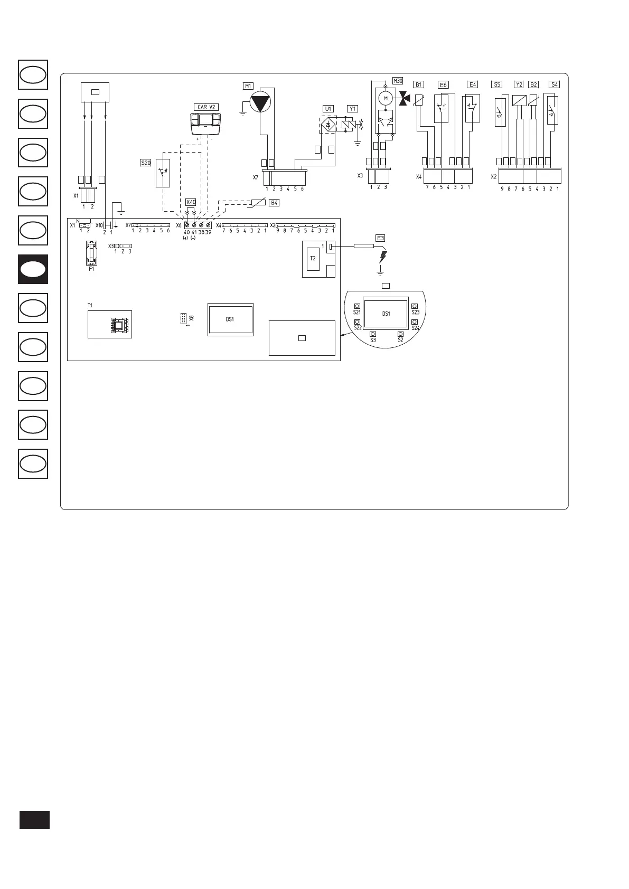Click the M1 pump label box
(248, 86)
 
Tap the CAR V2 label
(206, 107)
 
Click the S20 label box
(145, 163)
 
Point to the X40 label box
(191, 202)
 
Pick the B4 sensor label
(274, 202)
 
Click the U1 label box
(328, 109)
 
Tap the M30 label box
(398, 81)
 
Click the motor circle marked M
(386, 98)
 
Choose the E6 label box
(443, 84)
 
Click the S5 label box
(496, 84)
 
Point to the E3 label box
(380, 237)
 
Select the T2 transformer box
(313, 259)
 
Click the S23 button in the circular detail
(415, 306)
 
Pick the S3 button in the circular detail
(373, 334)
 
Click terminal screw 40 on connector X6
(187, 225)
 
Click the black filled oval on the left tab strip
(33, 269)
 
